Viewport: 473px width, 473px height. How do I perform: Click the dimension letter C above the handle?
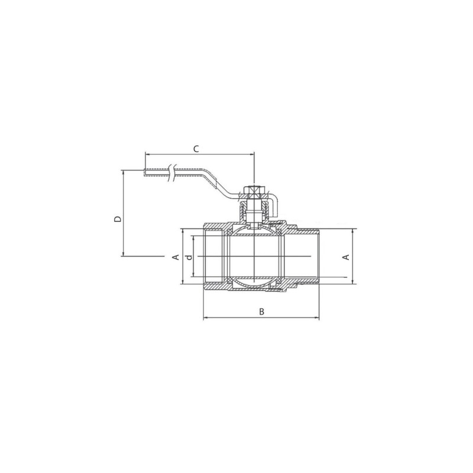(196, 149)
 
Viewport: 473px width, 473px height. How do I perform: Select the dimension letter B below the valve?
(262, 312)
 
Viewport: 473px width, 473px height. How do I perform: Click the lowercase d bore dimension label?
(189, 257)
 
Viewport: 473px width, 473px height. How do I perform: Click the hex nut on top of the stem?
(254, 190)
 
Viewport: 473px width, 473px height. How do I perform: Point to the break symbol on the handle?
(171, 173)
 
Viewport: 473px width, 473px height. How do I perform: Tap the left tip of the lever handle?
(144, 172)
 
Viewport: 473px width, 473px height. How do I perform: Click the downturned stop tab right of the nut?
(273, 205)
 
